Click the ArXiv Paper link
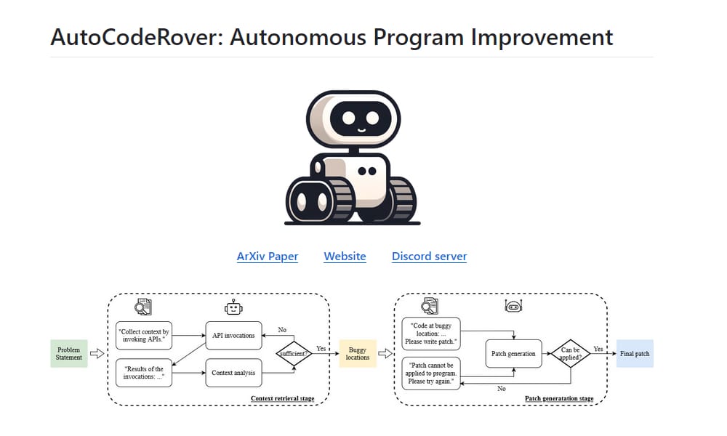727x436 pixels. [267, 257]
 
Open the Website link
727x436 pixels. [345, 257]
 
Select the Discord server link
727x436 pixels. [429, 257]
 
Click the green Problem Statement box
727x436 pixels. [68, 354]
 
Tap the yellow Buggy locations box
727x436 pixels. [358, 354]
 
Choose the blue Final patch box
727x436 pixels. [635, 354]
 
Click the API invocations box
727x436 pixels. [233, 336]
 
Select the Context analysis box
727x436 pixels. [233, 374]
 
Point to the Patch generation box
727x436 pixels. [513, 354]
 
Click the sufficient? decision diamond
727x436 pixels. [294, 354]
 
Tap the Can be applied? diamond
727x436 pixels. [571, 354]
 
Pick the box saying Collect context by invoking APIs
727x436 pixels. [144, 335]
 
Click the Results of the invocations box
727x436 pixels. [144, 374]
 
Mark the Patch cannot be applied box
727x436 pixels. [431, 374]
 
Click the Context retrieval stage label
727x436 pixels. [283, 398]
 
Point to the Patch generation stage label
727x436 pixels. [559, 398]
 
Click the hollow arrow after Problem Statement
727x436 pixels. [97, 354]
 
